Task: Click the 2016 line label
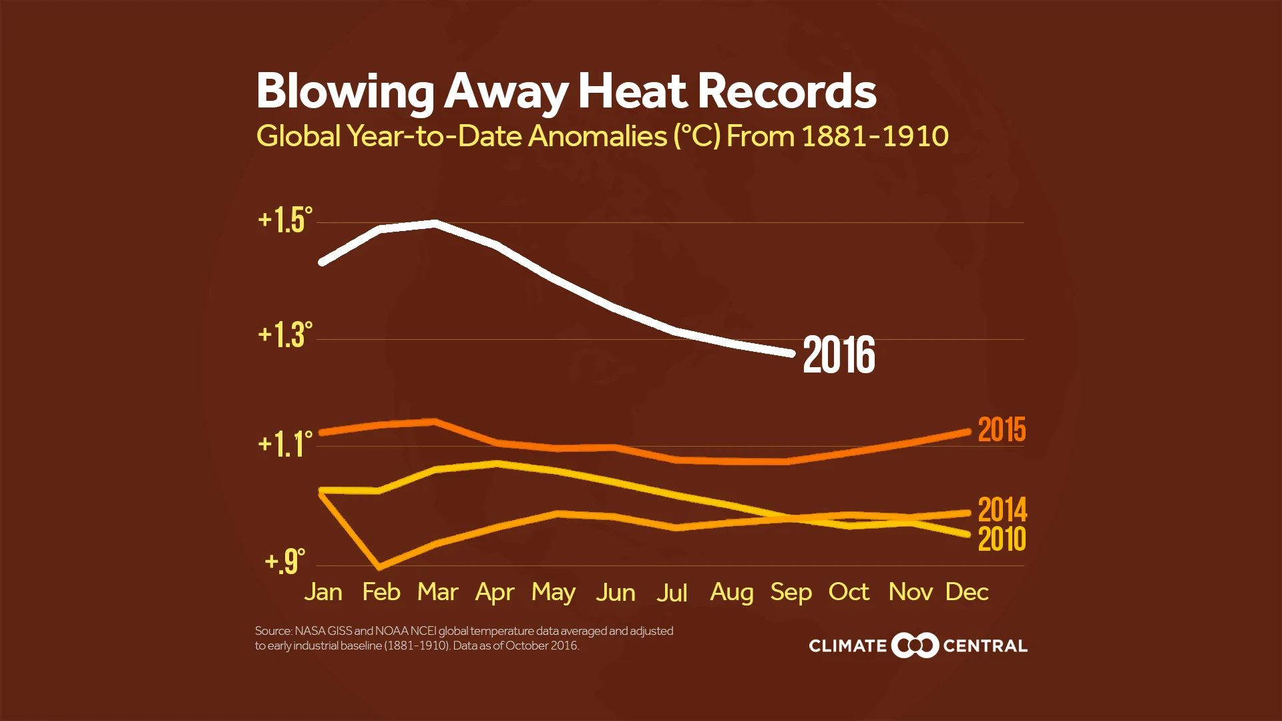coord(839,355)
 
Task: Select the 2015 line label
coord(1002,430)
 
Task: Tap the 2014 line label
coord(1002,510)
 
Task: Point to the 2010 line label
coord(1002,539)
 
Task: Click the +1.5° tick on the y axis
coord(285,220)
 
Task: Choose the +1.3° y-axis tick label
coord(285,334)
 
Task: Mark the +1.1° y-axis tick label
coord(285,445)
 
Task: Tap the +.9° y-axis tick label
coord(285,561)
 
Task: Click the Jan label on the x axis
coord(323,592)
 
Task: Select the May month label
coord(554,593)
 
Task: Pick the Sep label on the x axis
coord(791,593)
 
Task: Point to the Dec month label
coord(966,592)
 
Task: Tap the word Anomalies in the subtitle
coord(598,136)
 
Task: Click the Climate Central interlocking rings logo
coord(915,646)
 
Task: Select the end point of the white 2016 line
coord(792,353)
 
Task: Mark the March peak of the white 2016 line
coord(435,224)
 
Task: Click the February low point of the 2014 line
coord(380,567)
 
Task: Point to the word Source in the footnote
coord(272,631)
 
